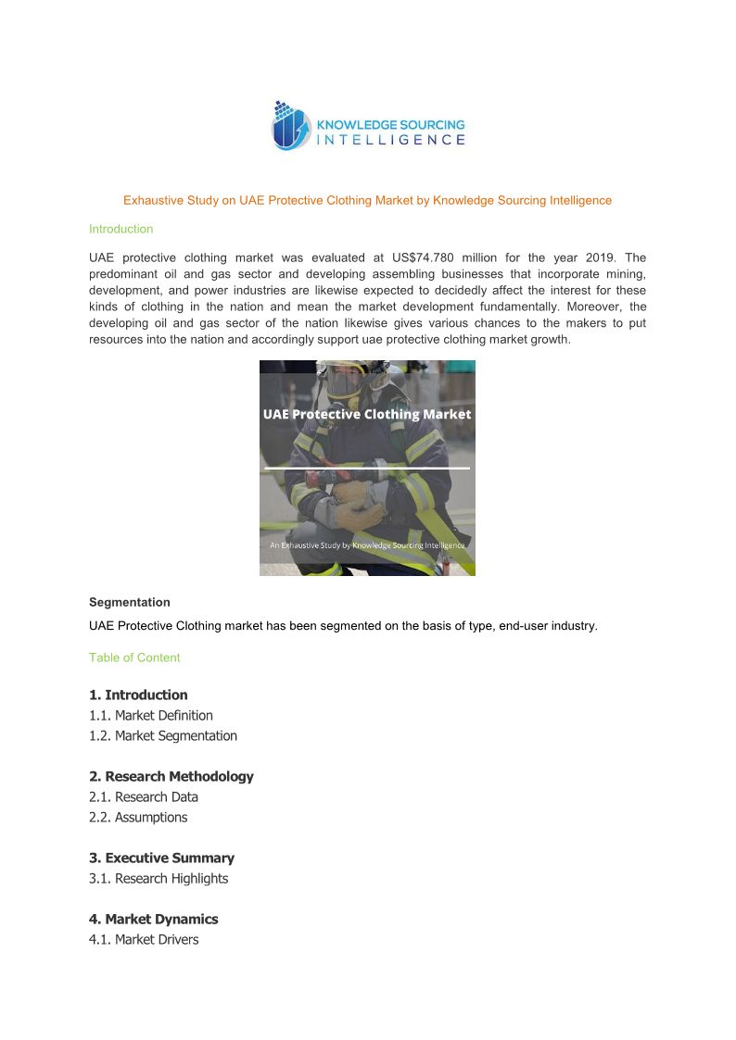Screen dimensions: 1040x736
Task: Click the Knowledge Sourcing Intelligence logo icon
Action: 289,126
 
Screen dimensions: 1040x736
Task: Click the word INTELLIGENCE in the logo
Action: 391,140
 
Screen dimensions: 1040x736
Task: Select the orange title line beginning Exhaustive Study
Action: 367,200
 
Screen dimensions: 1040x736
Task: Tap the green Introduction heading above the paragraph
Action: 121,229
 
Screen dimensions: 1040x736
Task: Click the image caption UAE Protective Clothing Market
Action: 367,415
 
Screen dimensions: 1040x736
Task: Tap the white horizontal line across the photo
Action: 367,469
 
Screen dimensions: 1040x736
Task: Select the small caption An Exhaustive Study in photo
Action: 367,545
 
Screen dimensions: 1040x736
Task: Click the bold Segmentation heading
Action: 129,602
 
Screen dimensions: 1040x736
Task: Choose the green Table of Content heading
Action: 134,658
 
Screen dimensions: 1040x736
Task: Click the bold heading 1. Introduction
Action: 138,695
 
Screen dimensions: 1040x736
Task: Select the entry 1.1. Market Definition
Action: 151,715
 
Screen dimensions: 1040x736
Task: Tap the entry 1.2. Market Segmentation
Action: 163,735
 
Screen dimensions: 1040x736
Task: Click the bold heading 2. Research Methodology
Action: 171,776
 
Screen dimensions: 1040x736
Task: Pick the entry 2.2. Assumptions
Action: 138,817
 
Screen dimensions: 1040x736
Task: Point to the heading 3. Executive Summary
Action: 162,858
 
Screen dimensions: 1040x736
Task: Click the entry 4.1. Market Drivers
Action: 144,939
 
